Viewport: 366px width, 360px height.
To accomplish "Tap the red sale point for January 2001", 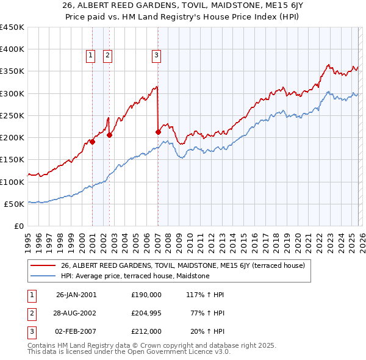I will pos(93,142).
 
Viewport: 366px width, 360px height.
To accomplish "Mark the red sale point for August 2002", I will pos(109,135).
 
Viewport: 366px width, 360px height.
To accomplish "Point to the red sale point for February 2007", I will pos(158,132).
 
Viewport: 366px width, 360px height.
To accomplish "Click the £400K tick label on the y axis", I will pos(12,49).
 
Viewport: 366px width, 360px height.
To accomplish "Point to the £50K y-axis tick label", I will pos(15,204).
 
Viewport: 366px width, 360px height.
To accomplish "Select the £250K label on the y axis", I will pos(12,115).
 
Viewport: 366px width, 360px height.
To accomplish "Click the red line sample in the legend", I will pos(44,265).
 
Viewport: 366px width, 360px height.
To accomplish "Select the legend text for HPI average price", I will pos(135,276).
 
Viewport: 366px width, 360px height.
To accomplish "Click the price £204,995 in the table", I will pos(146,313).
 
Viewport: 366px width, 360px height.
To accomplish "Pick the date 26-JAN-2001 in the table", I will pos(76,295).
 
